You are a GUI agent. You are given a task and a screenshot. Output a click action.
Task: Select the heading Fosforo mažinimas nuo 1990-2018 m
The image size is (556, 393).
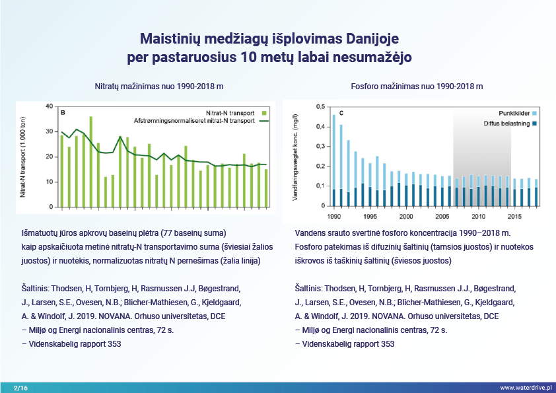coord(416,87)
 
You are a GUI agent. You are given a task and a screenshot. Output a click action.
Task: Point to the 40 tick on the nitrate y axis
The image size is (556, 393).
coord(48,106)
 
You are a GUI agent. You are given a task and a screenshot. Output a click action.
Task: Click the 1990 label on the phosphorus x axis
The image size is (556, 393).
coord(333,216)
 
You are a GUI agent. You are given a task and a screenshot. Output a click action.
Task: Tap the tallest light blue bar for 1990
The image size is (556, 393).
coord(334,152)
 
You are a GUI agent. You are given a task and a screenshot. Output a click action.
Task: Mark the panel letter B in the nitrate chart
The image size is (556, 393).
coord(62,113)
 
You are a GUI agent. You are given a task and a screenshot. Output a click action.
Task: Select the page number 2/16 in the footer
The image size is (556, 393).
coord(21,387)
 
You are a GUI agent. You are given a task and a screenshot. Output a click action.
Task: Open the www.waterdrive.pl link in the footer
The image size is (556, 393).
coord(525,387)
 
